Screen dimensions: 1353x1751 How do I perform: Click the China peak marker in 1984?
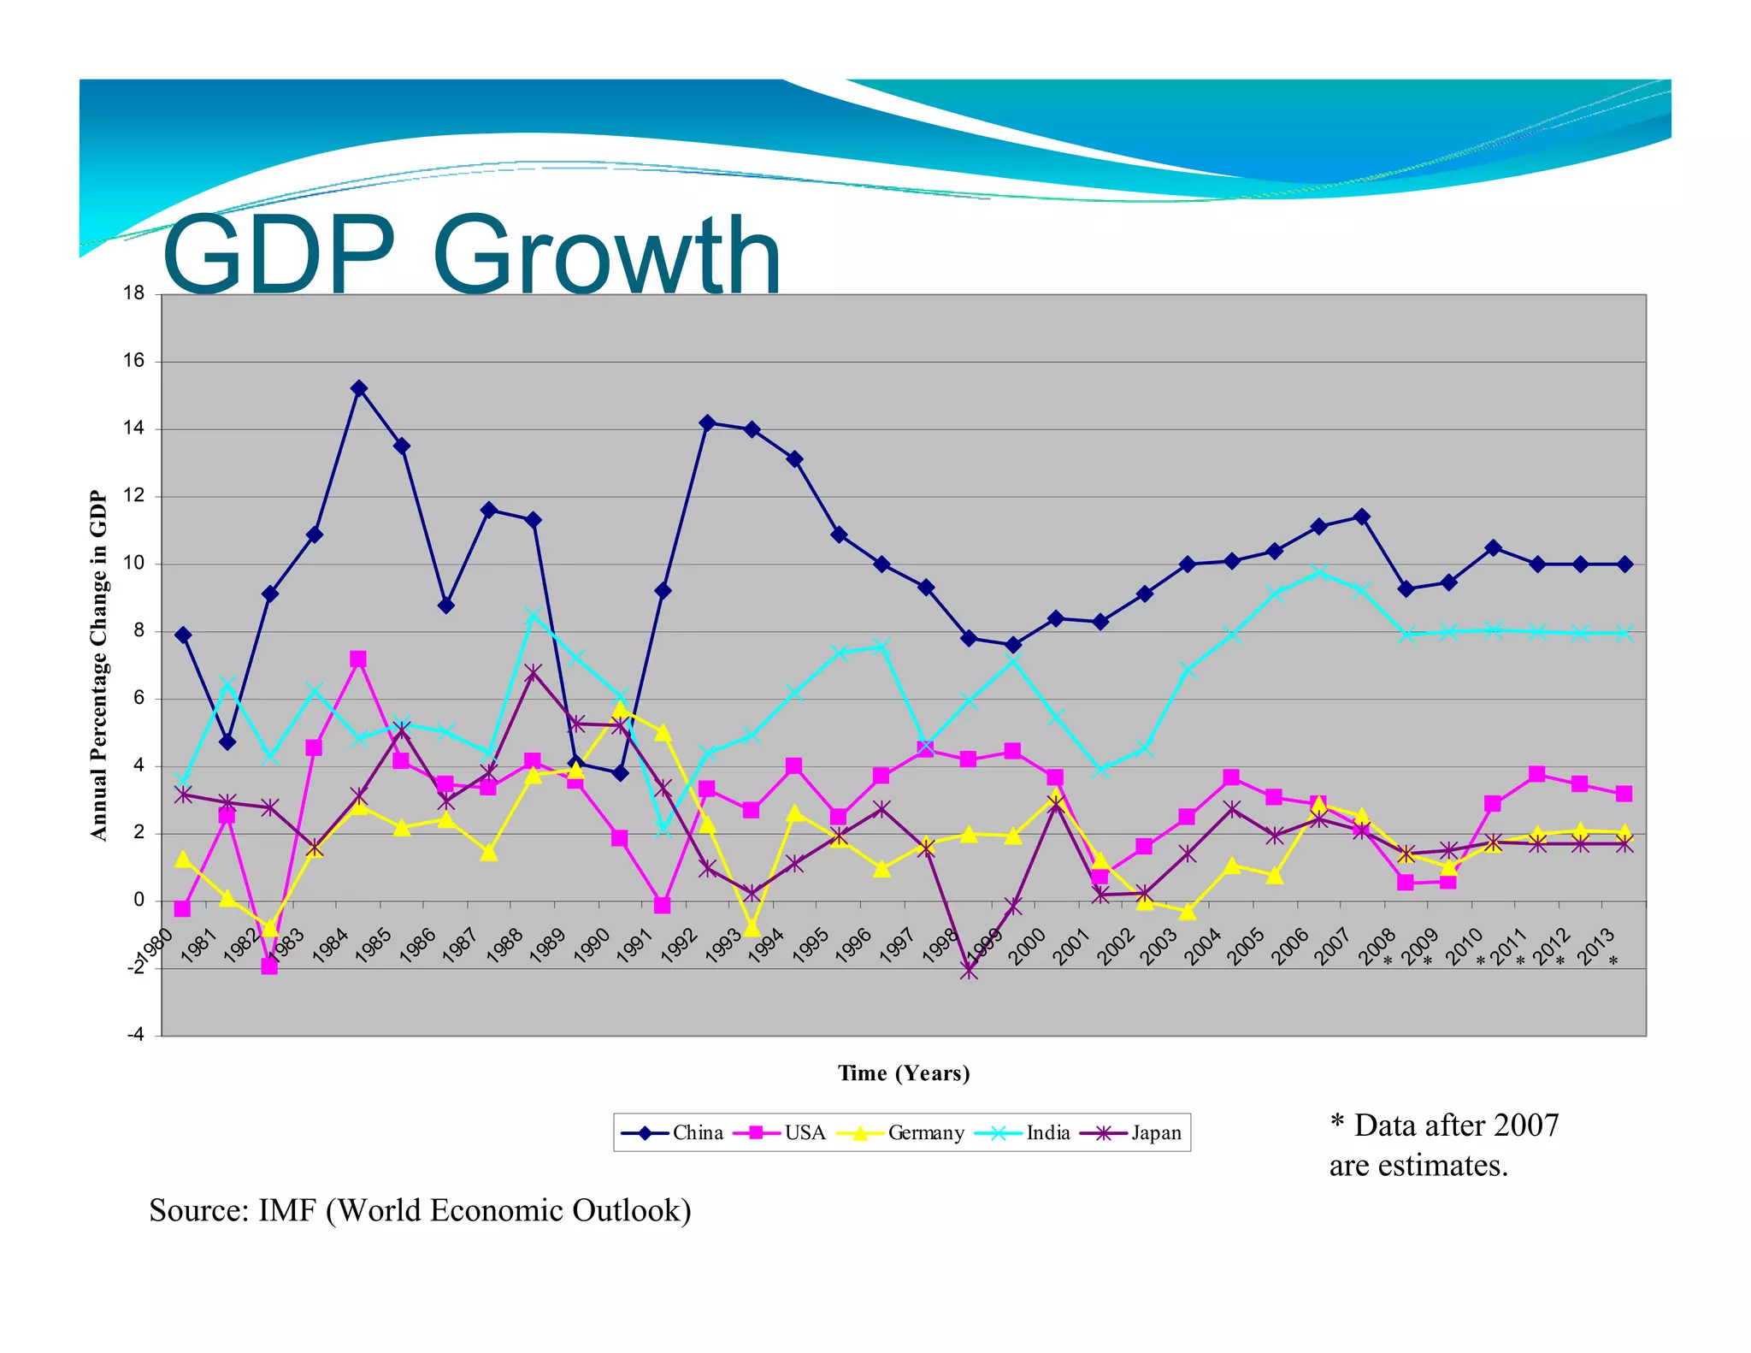tap(359, 388)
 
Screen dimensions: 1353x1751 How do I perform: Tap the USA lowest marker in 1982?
tap(269, 966)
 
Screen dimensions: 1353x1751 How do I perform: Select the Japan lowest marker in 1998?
tap(969, 971)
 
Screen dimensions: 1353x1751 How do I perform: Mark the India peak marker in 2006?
tap(1319, 572)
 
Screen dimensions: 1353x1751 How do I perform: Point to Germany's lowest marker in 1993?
tap(752, 929)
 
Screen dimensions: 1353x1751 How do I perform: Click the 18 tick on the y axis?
tap(134, 293)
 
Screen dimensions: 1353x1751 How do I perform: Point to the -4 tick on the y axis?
tap(135, 1035)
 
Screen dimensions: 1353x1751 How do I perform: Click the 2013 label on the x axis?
tap(1595, 948)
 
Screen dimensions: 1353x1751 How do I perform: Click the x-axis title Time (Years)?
tap(904, 1073)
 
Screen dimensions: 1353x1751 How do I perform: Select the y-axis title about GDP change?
tap(99, 665)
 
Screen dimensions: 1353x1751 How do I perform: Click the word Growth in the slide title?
tap(607, 255)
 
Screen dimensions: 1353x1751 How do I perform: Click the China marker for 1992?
tap(707, 422)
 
